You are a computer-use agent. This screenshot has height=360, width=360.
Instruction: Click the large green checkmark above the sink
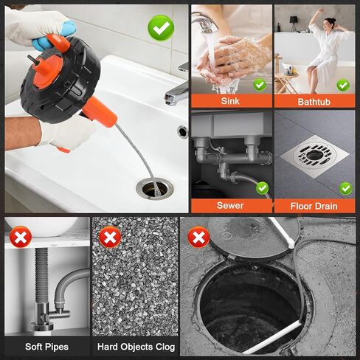click(161, 28)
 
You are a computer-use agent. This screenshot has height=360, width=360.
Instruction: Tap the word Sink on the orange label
click(230, 101)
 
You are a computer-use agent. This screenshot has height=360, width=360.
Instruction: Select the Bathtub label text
click(314, 102)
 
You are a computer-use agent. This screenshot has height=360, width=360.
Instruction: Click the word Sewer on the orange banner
click(230, 206)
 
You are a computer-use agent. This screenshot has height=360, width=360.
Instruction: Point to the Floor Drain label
click(314, 206)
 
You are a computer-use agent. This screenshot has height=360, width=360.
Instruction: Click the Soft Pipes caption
click(46, 347)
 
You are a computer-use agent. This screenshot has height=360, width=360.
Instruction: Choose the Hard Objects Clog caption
click(136, 347)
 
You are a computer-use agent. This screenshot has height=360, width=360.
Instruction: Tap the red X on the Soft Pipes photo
click(21, 238)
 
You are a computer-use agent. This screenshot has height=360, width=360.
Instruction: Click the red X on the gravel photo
click(110, 238)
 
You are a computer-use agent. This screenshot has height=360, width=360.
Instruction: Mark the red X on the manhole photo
click(198, 238)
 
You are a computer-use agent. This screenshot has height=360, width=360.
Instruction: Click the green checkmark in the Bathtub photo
click(343, 86)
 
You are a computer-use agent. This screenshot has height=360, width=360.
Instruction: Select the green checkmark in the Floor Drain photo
click(346, 189)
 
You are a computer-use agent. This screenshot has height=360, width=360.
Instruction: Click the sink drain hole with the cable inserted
click(155, 189)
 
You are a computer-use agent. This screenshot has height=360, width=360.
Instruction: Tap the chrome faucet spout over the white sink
click(176, 93)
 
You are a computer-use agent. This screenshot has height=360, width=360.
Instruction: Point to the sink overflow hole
click(183, 132)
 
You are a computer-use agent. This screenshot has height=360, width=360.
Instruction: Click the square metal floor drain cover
click(314, 156)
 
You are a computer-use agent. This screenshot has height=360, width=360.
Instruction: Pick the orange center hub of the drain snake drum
click(47, 72)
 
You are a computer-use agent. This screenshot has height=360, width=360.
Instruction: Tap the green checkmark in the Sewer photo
click(262, 188)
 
